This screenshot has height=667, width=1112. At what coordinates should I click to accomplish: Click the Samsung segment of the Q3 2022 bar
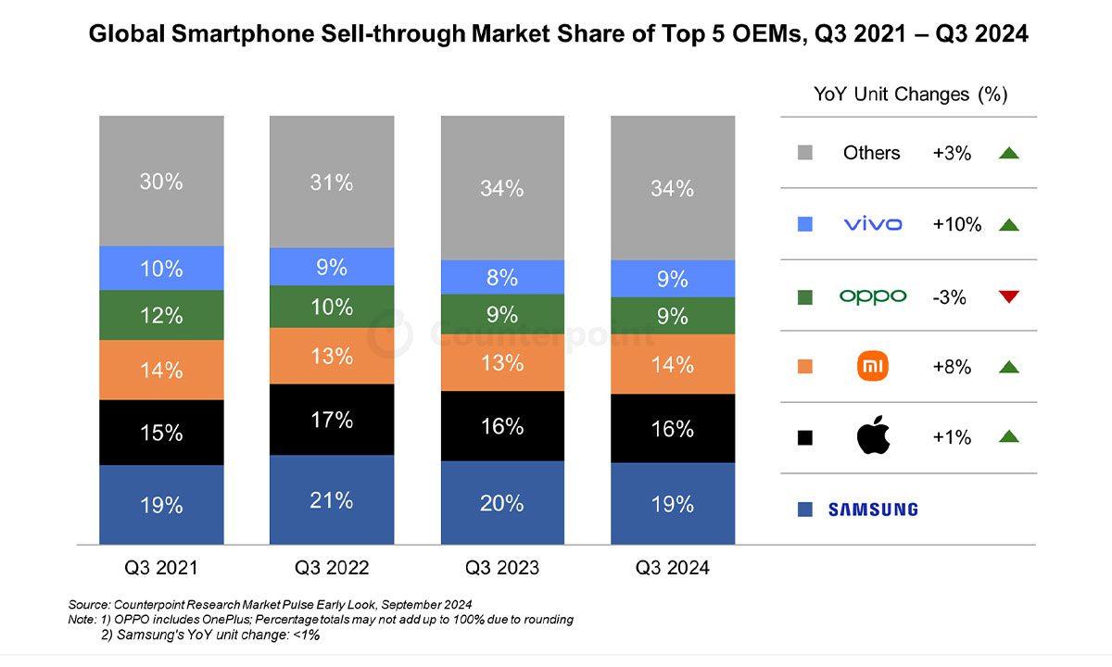tap(331, 500)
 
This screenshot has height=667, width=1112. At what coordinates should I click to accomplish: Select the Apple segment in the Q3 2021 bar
tap(161, 433)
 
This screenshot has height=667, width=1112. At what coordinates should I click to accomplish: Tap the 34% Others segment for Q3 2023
tap(502, 188)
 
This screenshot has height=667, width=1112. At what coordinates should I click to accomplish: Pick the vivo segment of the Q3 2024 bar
tap(672, 279)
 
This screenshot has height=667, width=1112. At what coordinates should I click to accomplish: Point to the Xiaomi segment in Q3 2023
tap(502, 363)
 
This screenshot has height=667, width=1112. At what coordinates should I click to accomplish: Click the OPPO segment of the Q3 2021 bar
tap(161, 315)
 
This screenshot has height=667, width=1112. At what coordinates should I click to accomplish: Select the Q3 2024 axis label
tap(672, 568)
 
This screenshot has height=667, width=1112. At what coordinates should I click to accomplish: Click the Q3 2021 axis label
tap(161, 568)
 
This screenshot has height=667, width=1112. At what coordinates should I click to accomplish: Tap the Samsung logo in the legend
tap(872, 510)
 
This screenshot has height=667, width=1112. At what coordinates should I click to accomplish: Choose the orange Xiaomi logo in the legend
tap(872, 367)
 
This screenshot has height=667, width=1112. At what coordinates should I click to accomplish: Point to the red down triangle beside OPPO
tap(1009, 296)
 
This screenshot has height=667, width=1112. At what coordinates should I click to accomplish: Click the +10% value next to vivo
tap(956, 224)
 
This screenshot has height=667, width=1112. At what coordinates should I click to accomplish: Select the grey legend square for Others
tap(804, 154)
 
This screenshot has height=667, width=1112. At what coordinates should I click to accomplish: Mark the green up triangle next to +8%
tap(1009, 367)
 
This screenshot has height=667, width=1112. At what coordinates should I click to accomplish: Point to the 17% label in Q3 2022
tap(331, 420)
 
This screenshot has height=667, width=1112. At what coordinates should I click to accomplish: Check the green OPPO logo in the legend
tap(872, 296)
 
